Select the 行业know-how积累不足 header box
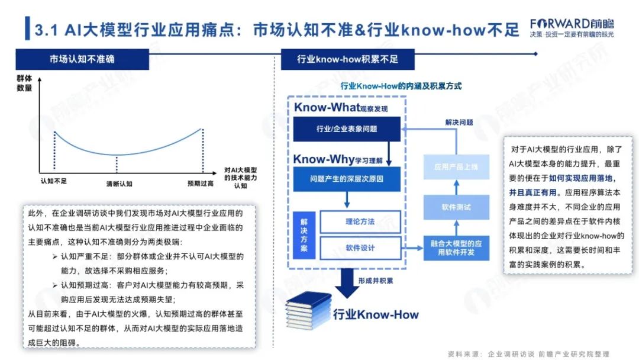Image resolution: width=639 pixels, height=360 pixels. (x=347, y=59)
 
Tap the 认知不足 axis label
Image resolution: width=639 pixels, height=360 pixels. (x=53, y=182)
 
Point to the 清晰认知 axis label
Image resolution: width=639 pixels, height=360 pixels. (x=119, y=184)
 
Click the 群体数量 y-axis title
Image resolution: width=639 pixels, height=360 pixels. (x=24, y=83)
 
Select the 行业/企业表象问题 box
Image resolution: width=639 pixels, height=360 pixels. (x=347, y=128)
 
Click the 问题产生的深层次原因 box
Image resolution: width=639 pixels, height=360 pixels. (x=347, y=178)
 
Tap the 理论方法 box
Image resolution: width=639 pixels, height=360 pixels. (x=360, y=222)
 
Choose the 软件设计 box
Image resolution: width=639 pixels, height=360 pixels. (x=360, y=248)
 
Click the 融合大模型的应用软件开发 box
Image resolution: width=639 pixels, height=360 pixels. (x=457, y=248)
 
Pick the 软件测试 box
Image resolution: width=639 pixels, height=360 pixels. (x=456, y=207)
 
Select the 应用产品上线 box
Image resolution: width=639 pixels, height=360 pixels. (x=456, y=168)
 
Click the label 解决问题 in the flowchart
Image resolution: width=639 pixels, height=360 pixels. (x=459, y=122)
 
